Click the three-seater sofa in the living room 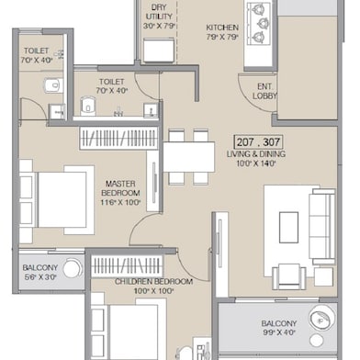click(x=321, y=225)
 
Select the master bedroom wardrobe click(x=120, y=139)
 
